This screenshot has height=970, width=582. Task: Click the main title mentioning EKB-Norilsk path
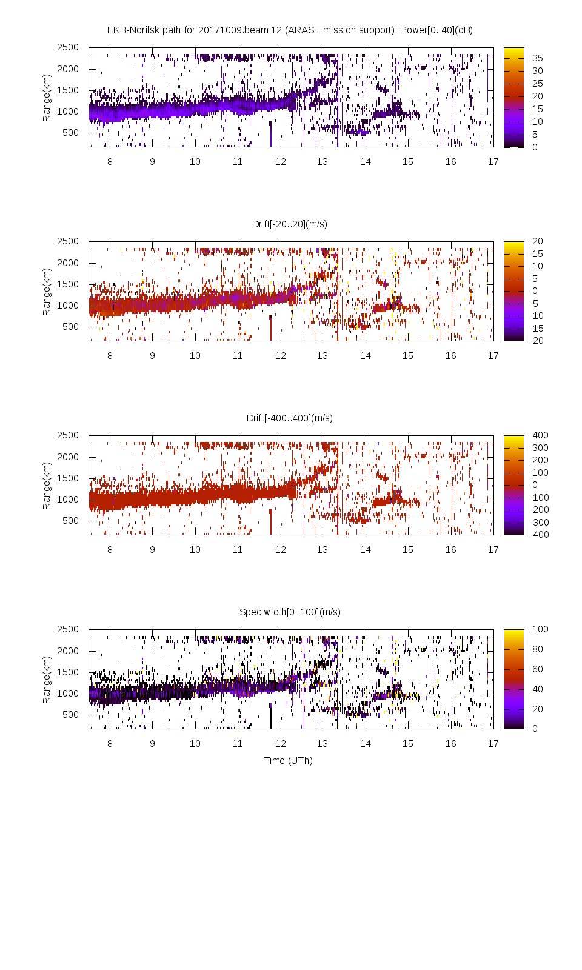pos(290,30)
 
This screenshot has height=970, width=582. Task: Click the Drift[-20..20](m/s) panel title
pos(290,224)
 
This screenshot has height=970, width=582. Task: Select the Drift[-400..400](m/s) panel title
pos(290,418)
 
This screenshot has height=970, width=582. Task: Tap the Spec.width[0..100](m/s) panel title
pos(290,612)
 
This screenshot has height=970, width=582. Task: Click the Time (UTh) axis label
pos(289,760)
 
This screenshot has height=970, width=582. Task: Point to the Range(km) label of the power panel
pos(47,98)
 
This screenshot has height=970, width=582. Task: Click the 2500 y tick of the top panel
pos(68,47)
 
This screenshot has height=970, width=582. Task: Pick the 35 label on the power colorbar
pos(538,58)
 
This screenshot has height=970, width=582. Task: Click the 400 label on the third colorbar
pos(540,435)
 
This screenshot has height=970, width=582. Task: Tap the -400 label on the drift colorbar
pos(539,535)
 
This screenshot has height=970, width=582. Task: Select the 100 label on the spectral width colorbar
pos(540,629)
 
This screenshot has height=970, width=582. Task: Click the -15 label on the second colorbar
pos(537,328)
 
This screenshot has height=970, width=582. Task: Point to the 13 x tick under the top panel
pos(323,161)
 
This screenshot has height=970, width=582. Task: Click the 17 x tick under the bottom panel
pos(493,743)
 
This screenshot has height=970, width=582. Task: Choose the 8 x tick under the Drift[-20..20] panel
pos(110,355)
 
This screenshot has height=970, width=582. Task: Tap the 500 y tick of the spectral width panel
pos(70,714)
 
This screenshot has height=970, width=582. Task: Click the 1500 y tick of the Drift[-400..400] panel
pos(68,478)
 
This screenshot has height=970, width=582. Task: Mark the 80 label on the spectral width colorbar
pos(538,649)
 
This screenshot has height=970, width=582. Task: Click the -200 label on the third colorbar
pos(539,510)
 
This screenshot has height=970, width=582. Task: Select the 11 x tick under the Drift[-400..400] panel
pos(237,549)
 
